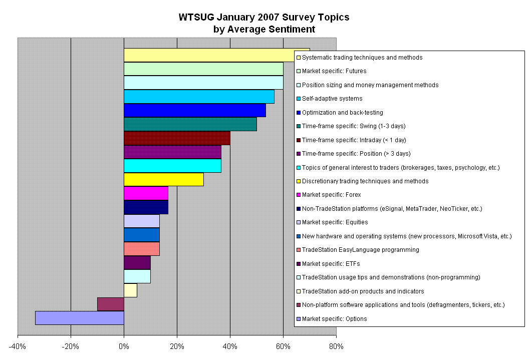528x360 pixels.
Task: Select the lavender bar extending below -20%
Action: pyautogui.click(x=79, y=318)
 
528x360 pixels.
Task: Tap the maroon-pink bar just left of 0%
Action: pyautogui.click(x=110, y=304)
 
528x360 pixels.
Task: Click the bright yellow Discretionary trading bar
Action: pyautogui.click(x=163, y=179)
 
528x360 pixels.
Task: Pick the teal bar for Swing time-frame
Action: pyautogui.click(x=190, y=124)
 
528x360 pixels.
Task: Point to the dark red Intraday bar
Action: pyautogui.click(x=176, y=138)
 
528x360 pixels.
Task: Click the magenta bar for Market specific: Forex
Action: pyautogui.click(x=146, y=193)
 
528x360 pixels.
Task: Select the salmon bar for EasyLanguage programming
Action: pyautogui.click(x=141, y=249)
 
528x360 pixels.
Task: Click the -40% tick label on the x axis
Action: pyautogui.click(x=18, y=346)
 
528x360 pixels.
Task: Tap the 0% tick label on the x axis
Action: pyautogui.click(x=124, y=346)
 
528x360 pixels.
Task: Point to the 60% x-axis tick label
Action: pyautogui.click(x=283, y=346)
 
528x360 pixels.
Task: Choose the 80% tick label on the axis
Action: pyautogui.click(x=336, y=346)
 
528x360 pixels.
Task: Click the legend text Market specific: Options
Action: pyautogui.click(x=334, y=319)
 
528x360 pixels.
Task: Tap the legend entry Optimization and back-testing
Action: pyautogui.click(x=342, y=113)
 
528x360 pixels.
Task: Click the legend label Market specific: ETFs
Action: pyautogui.click(x=331, y=264)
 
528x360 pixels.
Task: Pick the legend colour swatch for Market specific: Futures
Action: pyautogui.click(x=299, y=71)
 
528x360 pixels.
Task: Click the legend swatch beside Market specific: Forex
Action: pyautogui.click(x=299, y=195)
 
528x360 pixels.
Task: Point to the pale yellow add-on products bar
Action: pyautogui.click(x=130, y=290)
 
